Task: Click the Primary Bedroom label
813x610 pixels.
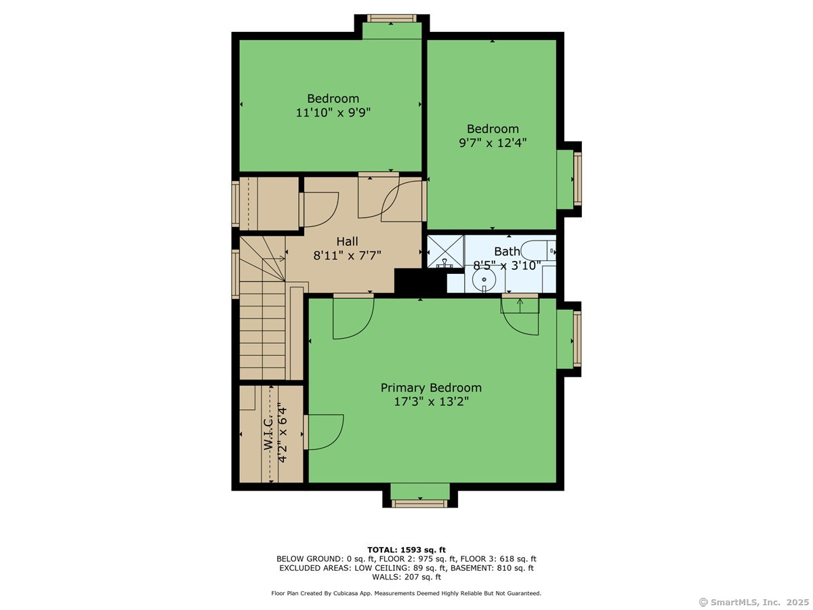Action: pos(431,388)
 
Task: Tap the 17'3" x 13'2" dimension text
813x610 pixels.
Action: pos(431,401)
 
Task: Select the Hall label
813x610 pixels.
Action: pos(347,241)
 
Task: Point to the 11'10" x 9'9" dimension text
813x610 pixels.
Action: pos(333,113)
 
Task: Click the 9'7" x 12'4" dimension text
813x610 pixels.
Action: pos(493,142)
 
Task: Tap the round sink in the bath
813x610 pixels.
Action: pos(484,279)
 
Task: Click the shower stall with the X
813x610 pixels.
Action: pos(446,251)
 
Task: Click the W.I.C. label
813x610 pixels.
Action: pos(268,433)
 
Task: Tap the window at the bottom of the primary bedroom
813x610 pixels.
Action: pos(420,504)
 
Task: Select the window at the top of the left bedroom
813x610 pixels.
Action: pos(392,18)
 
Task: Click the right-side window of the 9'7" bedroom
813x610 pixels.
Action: pos(577,179)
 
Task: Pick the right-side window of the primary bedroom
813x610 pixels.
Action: pos(577,339)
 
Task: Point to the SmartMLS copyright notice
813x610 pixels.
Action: pos(754,602)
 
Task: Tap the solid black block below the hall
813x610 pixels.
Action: pos(419,282)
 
